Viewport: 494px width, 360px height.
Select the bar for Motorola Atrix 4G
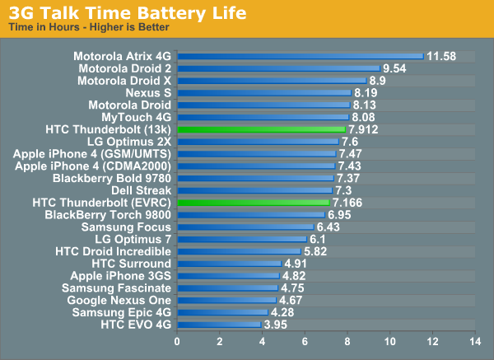coord(301,56)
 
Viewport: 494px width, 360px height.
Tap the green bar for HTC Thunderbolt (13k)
coord(262,129)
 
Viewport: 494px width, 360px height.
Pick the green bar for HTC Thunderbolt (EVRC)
coord(254,202)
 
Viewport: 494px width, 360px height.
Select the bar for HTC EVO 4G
coord(220,325)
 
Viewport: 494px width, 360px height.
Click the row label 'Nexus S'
coord(148,93)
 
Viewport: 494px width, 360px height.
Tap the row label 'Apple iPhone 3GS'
coord(120,276)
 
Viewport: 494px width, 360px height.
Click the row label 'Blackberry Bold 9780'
coord(112,178)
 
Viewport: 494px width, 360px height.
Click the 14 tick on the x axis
coord(473,340)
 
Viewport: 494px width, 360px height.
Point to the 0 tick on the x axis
coord(178,340)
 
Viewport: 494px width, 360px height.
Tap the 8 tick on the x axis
coord(347,340)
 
